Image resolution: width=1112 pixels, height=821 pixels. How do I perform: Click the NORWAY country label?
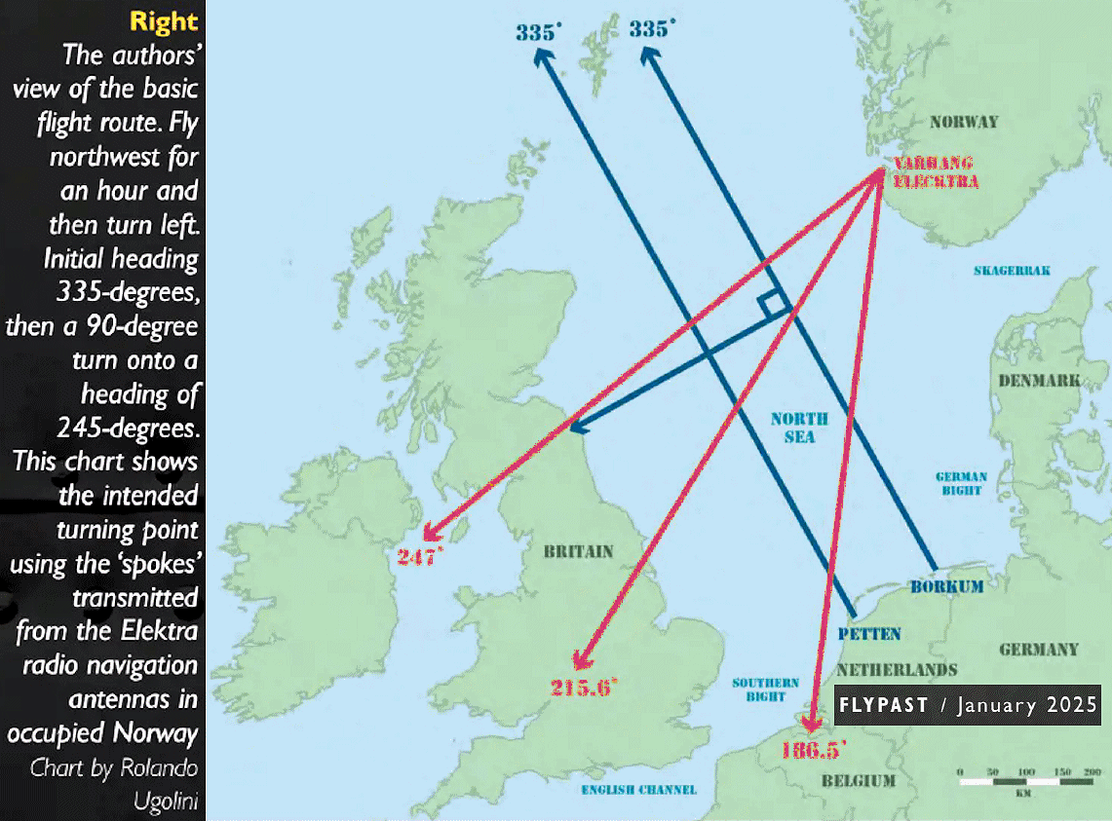tap(963, 122)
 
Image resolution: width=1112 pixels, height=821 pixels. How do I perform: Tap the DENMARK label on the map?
tap(1039, 380)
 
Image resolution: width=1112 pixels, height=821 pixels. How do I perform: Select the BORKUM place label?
tap(946, 587)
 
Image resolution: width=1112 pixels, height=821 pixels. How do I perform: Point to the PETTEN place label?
tap(869, 634)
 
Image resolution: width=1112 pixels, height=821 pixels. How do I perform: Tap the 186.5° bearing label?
tap(813, 750)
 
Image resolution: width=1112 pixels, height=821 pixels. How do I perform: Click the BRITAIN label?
tap(578, 551)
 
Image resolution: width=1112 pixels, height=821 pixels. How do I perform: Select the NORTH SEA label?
tap(799, 428)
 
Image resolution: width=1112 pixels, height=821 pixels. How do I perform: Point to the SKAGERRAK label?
tap(1011, 271)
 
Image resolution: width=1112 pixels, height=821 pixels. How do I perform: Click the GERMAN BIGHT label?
tap(961, 484)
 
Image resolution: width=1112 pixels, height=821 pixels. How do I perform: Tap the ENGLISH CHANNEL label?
tap(638, 789)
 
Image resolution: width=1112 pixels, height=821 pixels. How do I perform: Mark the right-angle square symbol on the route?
tap(774, 305)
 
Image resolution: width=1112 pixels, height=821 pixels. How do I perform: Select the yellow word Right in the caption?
tap(164, 21)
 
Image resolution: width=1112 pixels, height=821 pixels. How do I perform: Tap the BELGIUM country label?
tap(858, 781)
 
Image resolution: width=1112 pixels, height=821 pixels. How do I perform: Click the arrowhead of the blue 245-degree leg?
tap(575, 427)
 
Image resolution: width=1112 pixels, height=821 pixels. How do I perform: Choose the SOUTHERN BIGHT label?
tap(765, 690)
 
